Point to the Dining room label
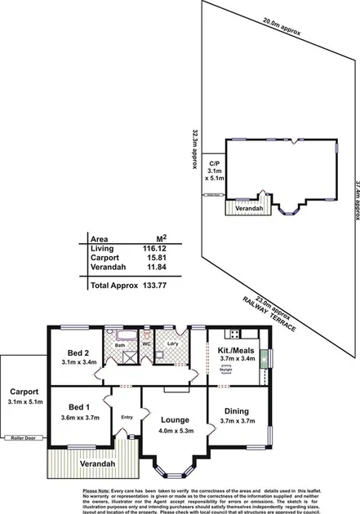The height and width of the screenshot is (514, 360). pyautogui.click(x=236, y=410)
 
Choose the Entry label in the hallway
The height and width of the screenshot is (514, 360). pyautogui.click(x=127, y=418)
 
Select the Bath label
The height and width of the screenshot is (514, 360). pyautogui.click(x=118, y=346)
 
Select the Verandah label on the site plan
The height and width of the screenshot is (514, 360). pyautogui.click(x=229, y=207)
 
